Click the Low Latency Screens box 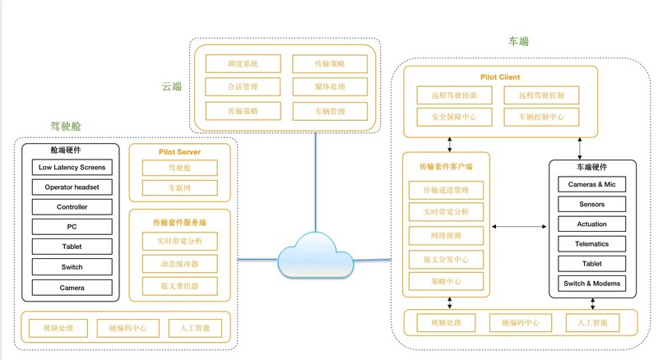(72, 167)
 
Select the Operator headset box (72, 187)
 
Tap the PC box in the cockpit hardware (72, 227)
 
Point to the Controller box (72, 207)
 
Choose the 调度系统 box (243, 63)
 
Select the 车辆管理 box (330, 111)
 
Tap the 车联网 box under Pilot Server (178, 188)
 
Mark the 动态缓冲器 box (178, 264)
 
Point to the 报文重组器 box (178, 285)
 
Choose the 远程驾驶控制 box (541, 95)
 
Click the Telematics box (591, 243)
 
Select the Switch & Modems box (591, 284)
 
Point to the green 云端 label (172, 85)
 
